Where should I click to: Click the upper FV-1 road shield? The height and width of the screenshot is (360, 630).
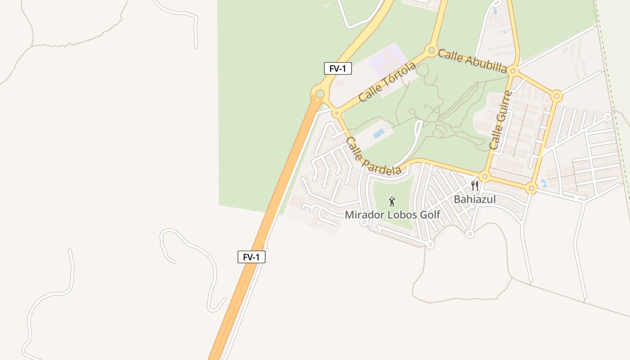(x=337, y=69)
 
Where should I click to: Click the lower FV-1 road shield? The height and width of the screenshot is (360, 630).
(x=251, y=257)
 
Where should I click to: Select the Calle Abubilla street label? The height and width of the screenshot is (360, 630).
(x=472, y=61)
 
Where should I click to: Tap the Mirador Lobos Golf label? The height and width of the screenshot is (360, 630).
(x=392, y=215)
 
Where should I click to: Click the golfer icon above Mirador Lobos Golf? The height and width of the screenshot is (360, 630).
(x=392, y=202)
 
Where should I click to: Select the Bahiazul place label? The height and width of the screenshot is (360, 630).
(x=474, y=199)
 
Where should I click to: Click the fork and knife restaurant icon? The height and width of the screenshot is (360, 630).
(x=474, y=185)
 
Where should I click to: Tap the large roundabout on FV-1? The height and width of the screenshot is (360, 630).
(x=320, y=94)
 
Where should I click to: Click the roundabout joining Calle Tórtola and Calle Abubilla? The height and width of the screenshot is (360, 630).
(x=432, y=50)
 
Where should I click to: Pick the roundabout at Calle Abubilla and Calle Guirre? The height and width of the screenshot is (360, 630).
(x=513, y=71)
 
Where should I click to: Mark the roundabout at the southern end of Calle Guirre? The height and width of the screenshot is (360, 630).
(x=485, y=176)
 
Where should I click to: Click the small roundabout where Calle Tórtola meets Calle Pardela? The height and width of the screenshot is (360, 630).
(x=336, y=113)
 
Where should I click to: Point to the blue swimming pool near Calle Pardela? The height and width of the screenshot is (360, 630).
(x=379, y=133)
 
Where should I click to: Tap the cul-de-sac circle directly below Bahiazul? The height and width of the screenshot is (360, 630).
(x=470, y=234)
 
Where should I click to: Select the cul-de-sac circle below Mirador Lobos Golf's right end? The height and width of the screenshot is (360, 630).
(x=430, y=245)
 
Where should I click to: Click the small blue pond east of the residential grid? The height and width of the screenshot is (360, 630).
(x=544, y=183)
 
